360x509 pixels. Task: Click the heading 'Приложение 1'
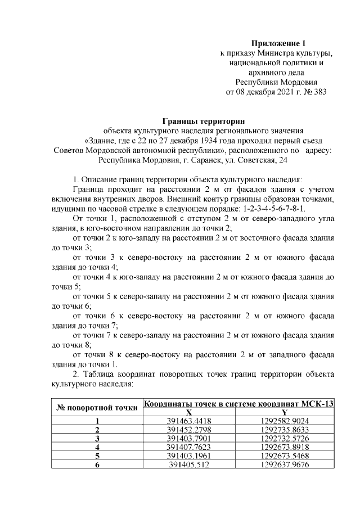(x=277, y=43)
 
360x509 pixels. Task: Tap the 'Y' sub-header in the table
(x=285, y=412)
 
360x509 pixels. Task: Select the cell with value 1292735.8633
(x=285, y=430)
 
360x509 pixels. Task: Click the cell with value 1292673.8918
(x=285, y=447)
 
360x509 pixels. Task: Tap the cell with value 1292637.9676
(x=285, y=465)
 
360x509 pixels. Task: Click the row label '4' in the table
(x=97, y=447)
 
